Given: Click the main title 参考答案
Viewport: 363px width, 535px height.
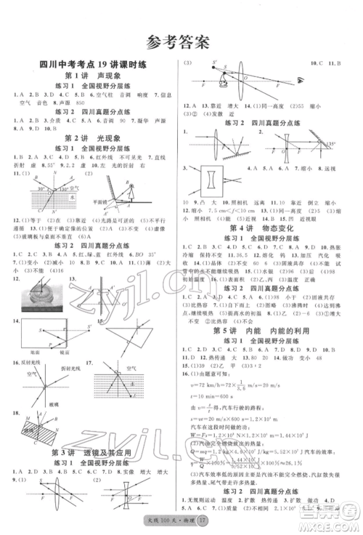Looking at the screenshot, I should coord(181,41).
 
